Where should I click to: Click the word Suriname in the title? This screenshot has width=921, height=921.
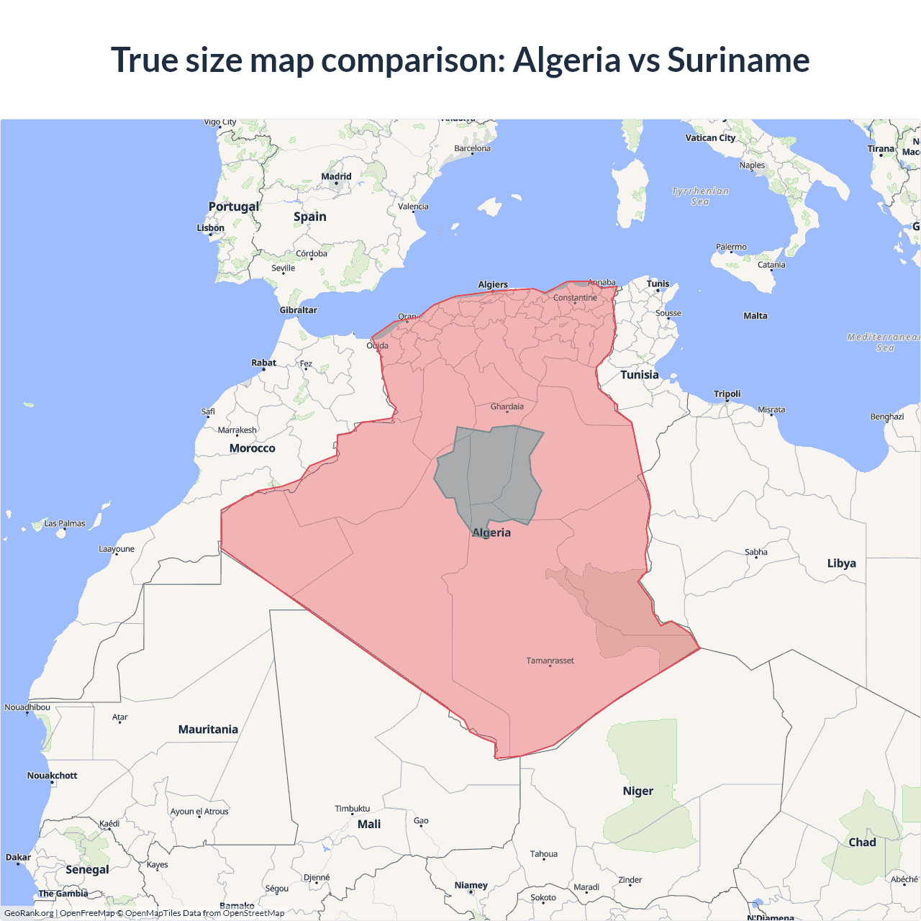click(738, 60)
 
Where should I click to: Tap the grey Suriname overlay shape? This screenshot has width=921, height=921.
click(489, 471)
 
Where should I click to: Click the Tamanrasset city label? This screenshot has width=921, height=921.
click(550, 661)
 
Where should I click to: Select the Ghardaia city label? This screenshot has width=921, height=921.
click(507, 407)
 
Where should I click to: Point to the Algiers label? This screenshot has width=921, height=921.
click(493, 284)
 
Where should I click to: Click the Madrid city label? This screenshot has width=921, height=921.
click(336, 176)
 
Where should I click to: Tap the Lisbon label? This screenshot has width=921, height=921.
click(211, 228)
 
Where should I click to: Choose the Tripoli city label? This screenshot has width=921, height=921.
click(727, 394)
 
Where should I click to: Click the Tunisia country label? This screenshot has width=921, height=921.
click(639, 375)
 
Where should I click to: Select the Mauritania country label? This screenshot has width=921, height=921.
click(208, 730)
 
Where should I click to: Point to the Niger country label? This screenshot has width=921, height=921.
click(638, 791)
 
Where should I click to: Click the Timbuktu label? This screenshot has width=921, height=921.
click(352, 809)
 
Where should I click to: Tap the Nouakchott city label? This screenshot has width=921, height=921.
click(52, 776)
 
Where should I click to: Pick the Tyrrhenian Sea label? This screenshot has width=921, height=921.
click(700, 196)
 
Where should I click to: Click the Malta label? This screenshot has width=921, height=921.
click(755, 316)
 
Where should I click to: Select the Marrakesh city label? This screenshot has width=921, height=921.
click(237, 430)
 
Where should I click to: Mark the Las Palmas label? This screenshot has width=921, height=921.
click(65, 524)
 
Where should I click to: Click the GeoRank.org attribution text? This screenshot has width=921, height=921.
click(29, 913)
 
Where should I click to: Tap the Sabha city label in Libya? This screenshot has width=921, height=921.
click(756, 553)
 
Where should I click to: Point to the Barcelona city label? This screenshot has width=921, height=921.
click(472, 148)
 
